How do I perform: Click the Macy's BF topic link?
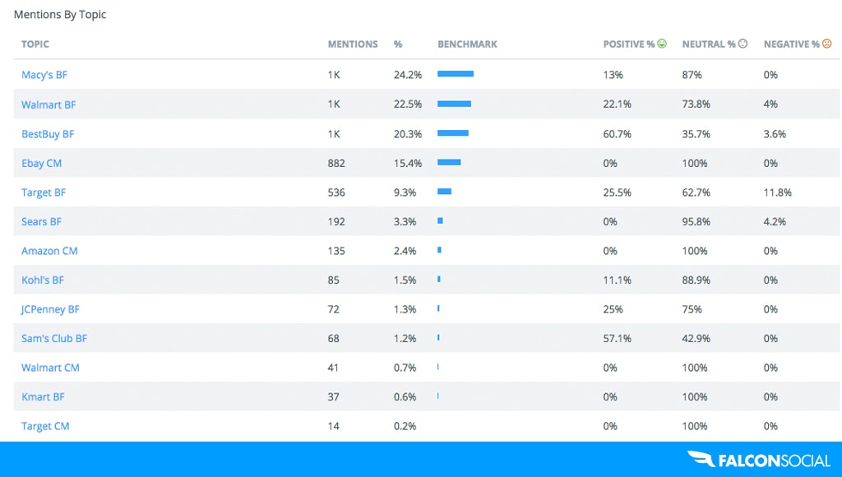44,75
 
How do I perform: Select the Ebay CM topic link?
41,163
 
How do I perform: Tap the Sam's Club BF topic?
54,339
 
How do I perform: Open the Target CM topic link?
45,426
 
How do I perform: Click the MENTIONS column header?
353,44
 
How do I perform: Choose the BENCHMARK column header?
467,44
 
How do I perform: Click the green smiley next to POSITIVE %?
662,44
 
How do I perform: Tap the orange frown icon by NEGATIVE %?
826,44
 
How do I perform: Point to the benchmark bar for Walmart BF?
454,104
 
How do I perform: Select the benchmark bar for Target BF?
444,192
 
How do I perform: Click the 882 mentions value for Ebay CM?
336,163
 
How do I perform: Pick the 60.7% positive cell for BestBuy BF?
617,134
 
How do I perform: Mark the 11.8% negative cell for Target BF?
777,192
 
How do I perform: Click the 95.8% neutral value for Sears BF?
696,221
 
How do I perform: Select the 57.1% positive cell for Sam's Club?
617,339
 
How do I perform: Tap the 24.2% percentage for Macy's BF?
407,75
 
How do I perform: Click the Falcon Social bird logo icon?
701,460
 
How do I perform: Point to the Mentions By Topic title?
60,15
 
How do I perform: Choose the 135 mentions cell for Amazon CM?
336,251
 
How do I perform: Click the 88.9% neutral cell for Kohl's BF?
696,280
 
